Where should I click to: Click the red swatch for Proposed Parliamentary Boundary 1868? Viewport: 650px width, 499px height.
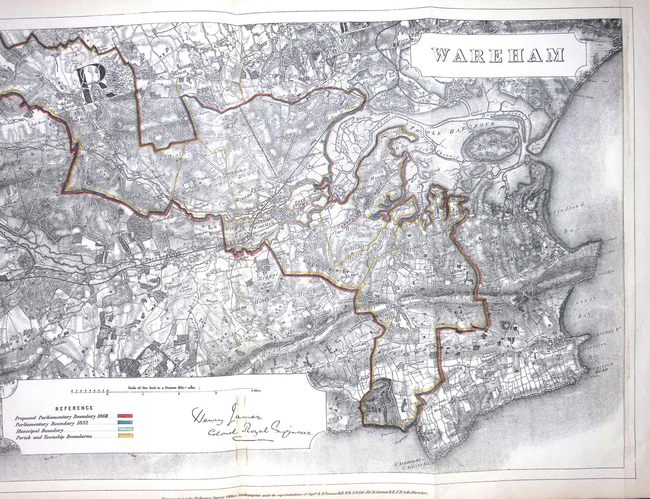tap(125, 416)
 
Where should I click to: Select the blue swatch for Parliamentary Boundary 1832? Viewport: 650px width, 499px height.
tap(125, 423)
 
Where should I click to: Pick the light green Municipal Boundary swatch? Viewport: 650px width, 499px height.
tap(125, 430)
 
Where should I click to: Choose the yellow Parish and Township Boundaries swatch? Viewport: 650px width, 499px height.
tap(125, 437)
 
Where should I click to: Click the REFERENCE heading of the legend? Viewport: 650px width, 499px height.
tap(74, 408)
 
